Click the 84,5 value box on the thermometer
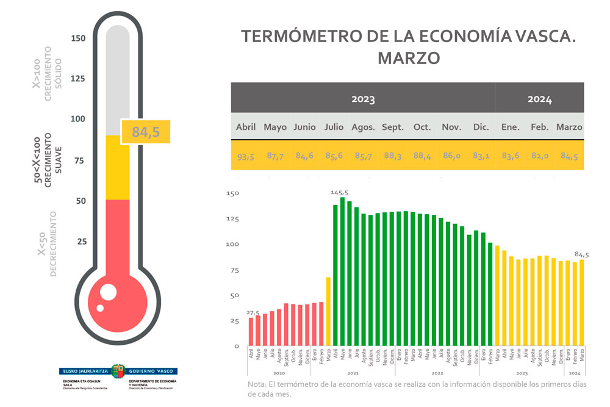pos(145,132)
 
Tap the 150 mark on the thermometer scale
pos(78,38)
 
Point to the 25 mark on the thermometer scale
pos(81,242)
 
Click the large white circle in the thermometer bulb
pos(108,292)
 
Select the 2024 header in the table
pos(539,99)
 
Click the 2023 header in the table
pos(363,99)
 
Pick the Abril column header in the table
pos(246,128)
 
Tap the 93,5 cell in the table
pos(246,156)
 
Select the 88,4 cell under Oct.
pos(422,156)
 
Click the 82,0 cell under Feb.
pos(540,156)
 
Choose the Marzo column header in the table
pos(569,128)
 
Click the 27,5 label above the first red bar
pos(253,313)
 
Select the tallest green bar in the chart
pos(342,272)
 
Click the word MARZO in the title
pos(409,58)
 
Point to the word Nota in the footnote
pos(257,384)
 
